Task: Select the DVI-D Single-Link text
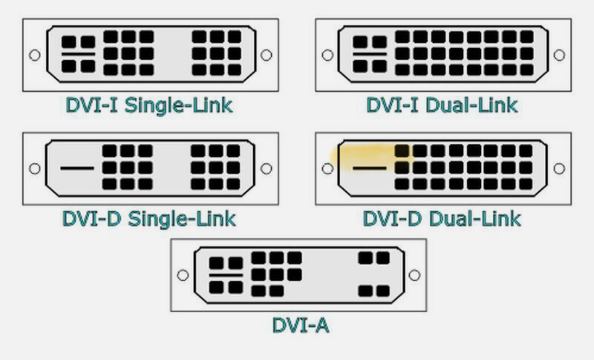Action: pos(149,219)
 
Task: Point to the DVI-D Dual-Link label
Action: pos(442,219)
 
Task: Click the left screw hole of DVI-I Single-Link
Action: pos(35,55)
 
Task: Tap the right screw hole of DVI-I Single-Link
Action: pos(266,55)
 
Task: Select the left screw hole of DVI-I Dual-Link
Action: pos(327,55)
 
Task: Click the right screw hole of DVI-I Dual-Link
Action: pos(559,55)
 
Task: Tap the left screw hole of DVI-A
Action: pos(183,275)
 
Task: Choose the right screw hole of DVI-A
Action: pos(414,275)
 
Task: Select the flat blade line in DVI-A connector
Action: pos(226,275)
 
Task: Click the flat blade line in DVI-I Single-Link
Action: pos(78,53)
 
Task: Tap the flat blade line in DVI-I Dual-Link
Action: pos(370,53)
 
